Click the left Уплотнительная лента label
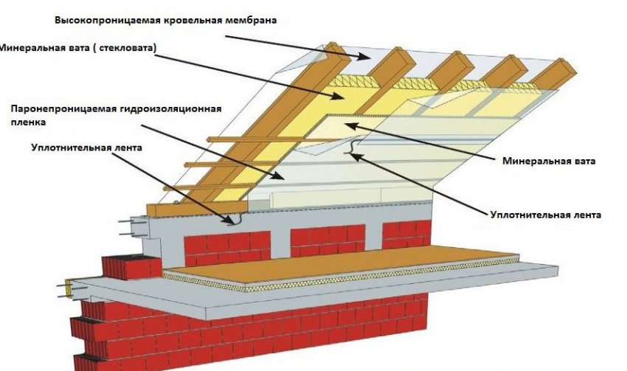[86, 148]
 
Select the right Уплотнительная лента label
[545, 215]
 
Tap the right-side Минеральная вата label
[549, 162]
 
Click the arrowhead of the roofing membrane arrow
[364, 56]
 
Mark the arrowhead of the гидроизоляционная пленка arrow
[280, 176]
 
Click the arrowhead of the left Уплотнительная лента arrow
[229, 220]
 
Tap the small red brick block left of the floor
[131, 267]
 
